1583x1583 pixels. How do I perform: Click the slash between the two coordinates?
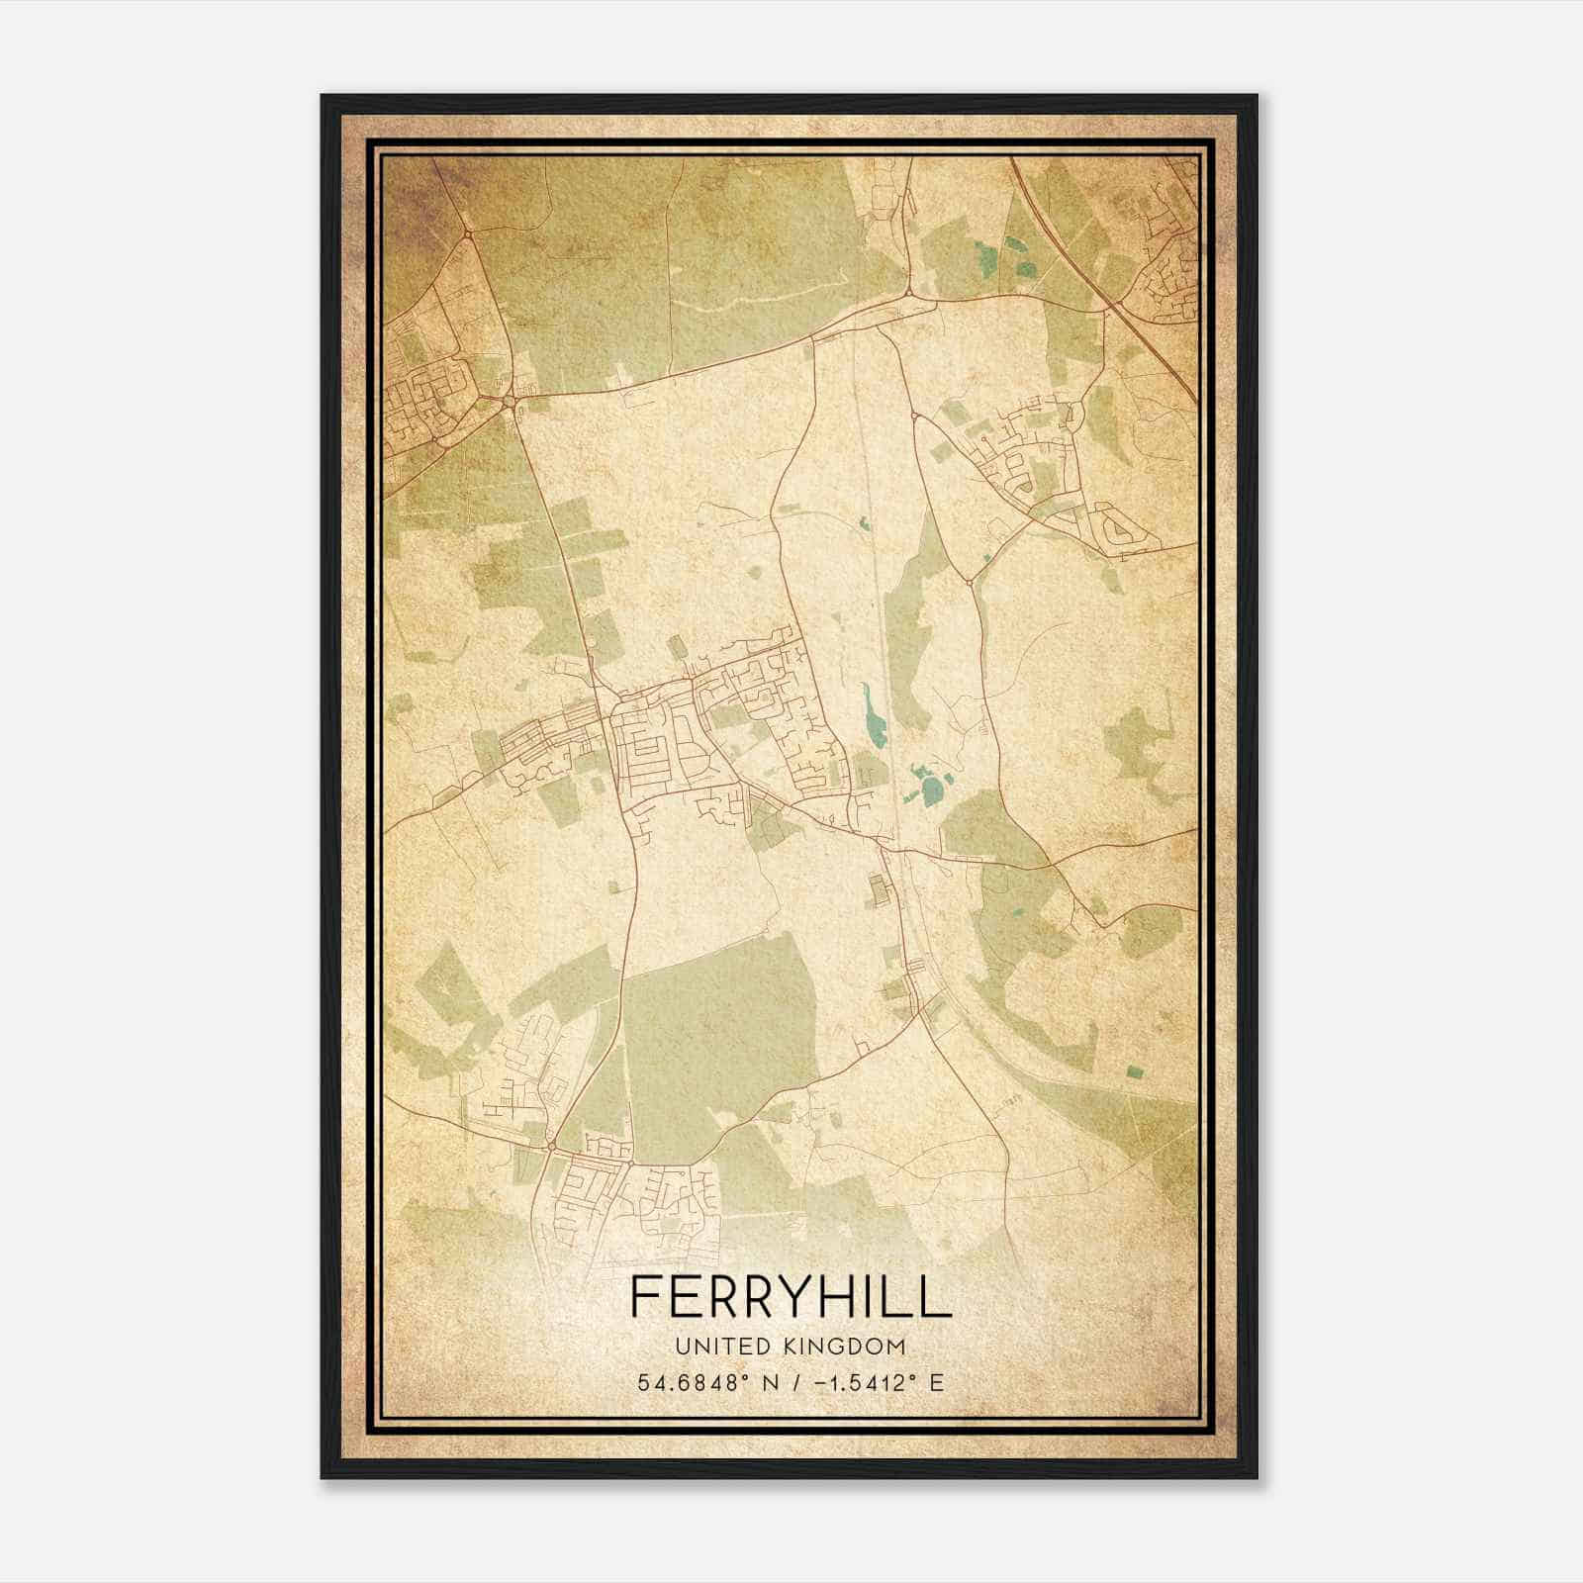tap(791, 1382)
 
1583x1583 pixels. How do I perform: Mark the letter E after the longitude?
tap(937, 1382)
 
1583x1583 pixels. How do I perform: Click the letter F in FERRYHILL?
tap(644, 1296)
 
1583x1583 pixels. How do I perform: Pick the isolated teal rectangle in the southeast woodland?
tap(1133, 1071)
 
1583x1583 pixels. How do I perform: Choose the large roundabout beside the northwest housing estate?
tap(507, 401)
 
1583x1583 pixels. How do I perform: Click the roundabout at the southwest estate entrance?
tap(550, 1146)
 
